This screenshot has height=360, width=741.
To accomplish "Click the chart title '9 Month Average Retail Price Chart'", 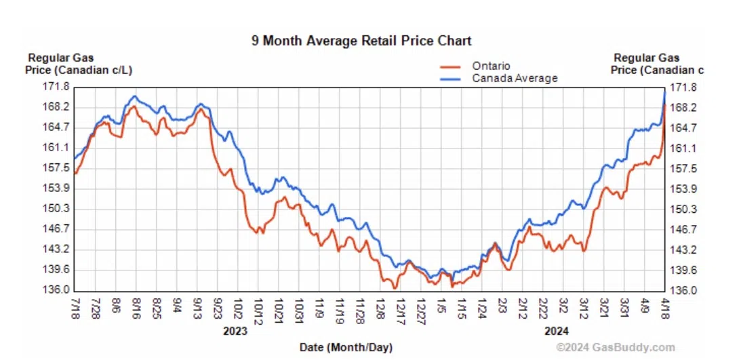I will [361, 41].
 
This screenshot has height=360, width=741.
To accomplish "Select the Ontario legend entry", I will [491, 66].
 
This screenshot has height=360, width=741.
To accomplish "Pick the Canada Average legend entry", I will [515, 78].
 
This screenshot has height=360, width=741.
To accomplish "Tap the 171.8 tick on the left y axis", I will [57, 86].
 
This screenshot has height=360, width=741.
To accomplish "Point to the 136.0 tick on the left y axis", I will [57, 289].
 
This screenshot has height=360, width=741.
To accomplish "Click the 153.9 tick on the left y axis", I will [57, 188].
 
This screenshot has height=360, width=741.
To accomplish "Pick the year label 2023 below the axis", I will [235, 332].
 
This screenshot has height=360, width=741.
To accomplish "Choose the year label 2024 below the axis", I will [556, 332].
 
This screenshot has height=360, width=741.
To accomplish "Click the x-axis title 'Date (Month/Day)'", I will [346, 348].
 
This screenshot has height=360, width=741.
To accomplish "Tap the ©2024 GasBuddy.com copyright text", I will [615, 348].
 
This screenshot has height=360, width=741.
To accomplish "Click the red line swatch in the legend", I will [451, 66].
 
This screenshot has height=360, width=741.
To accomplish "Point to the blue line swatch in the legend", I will [451, 78].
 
